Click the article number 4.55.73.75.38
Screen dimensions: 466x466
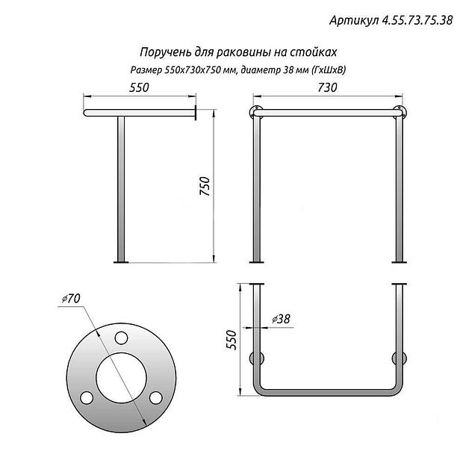click(417, 20)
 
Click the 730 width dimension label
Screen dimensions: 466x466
click(327, 87)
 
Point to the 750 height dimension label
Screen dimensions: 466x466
click(205, 186)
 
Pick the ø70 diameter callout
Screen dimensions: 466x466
click(72, 299)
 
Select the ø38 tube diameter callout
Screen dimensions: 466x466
click(281, 319)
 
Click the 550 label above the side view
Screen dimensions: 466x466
click(139, 87)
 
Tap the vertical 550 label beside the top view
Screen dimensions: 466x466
click(231, 340)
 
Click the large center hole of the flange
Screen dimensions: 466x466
click(121, 377)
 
